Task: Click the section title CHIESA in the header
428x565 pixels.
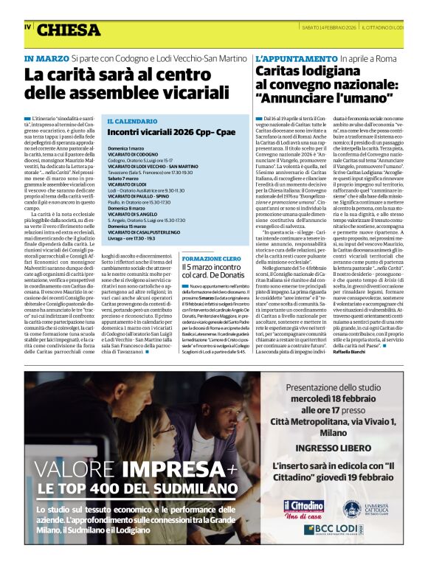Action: tap(69, 30)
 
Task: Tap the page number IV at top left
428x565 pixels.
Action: tap(27, 27)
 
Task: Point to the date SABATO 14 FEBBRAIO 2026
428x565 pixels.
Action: tap(322, 27)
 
